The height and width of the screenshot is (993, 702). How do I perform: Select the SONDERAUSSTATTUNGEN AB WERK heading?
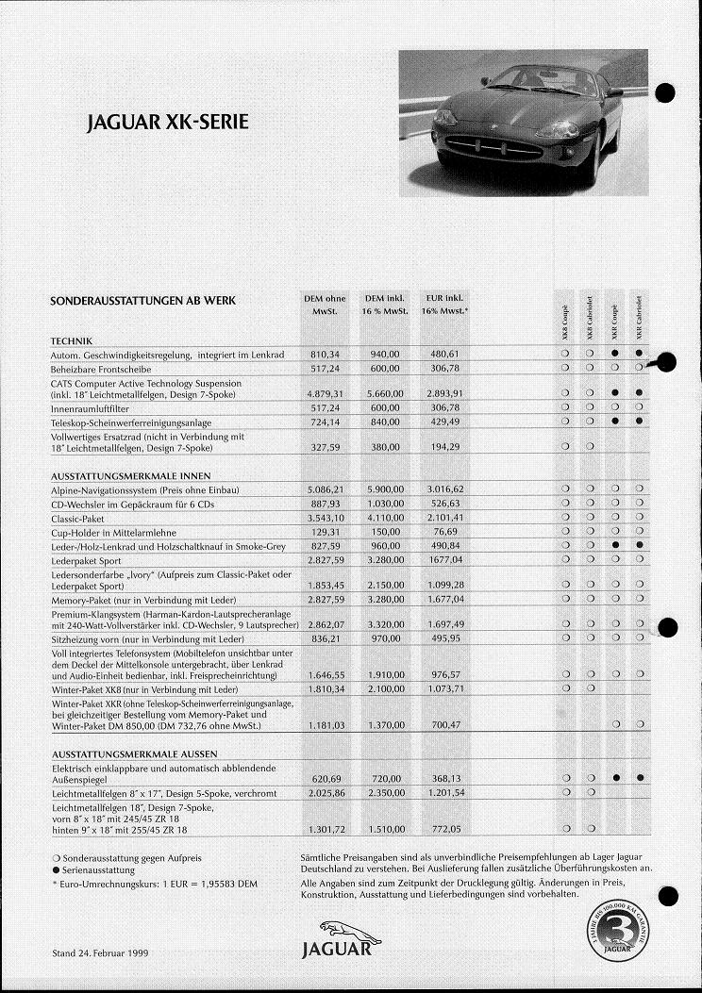(x=142, y=301)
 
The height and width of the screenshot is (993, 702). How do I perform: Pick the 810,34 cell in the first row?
(x=324, y=354)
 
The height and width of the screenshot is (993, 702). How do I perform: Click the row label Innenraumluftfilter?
(x=89, y=408)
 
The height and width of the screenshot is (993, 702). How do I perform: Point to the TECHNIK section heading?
(x=71, y=340)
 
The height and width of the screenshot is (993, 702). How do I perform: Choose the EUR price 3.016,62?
(x=444, y=489)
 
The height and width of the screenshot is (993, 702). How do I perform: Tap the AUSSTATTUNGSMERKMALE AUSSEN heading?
(x=134, y=753)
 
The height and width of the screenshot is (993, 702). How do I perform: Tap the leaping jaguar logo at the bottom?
(x=347, y=932)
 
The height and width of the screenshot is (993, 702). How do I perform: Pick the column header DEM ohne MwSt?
(x=324, y=305)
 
